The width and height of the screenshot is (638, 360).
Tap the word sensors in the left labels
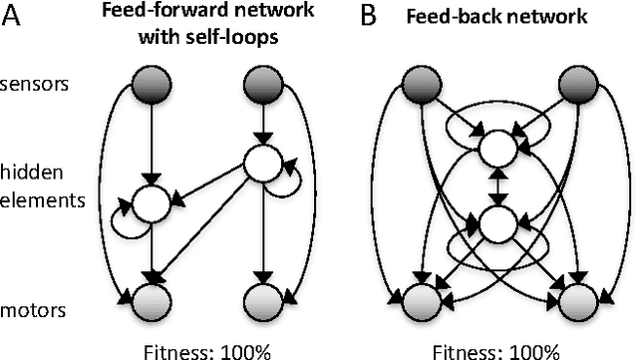pyautogui.click(x=35, y=84)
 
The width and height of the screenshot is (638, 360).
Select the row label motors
pyautogui.click(x=33, y=310)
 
